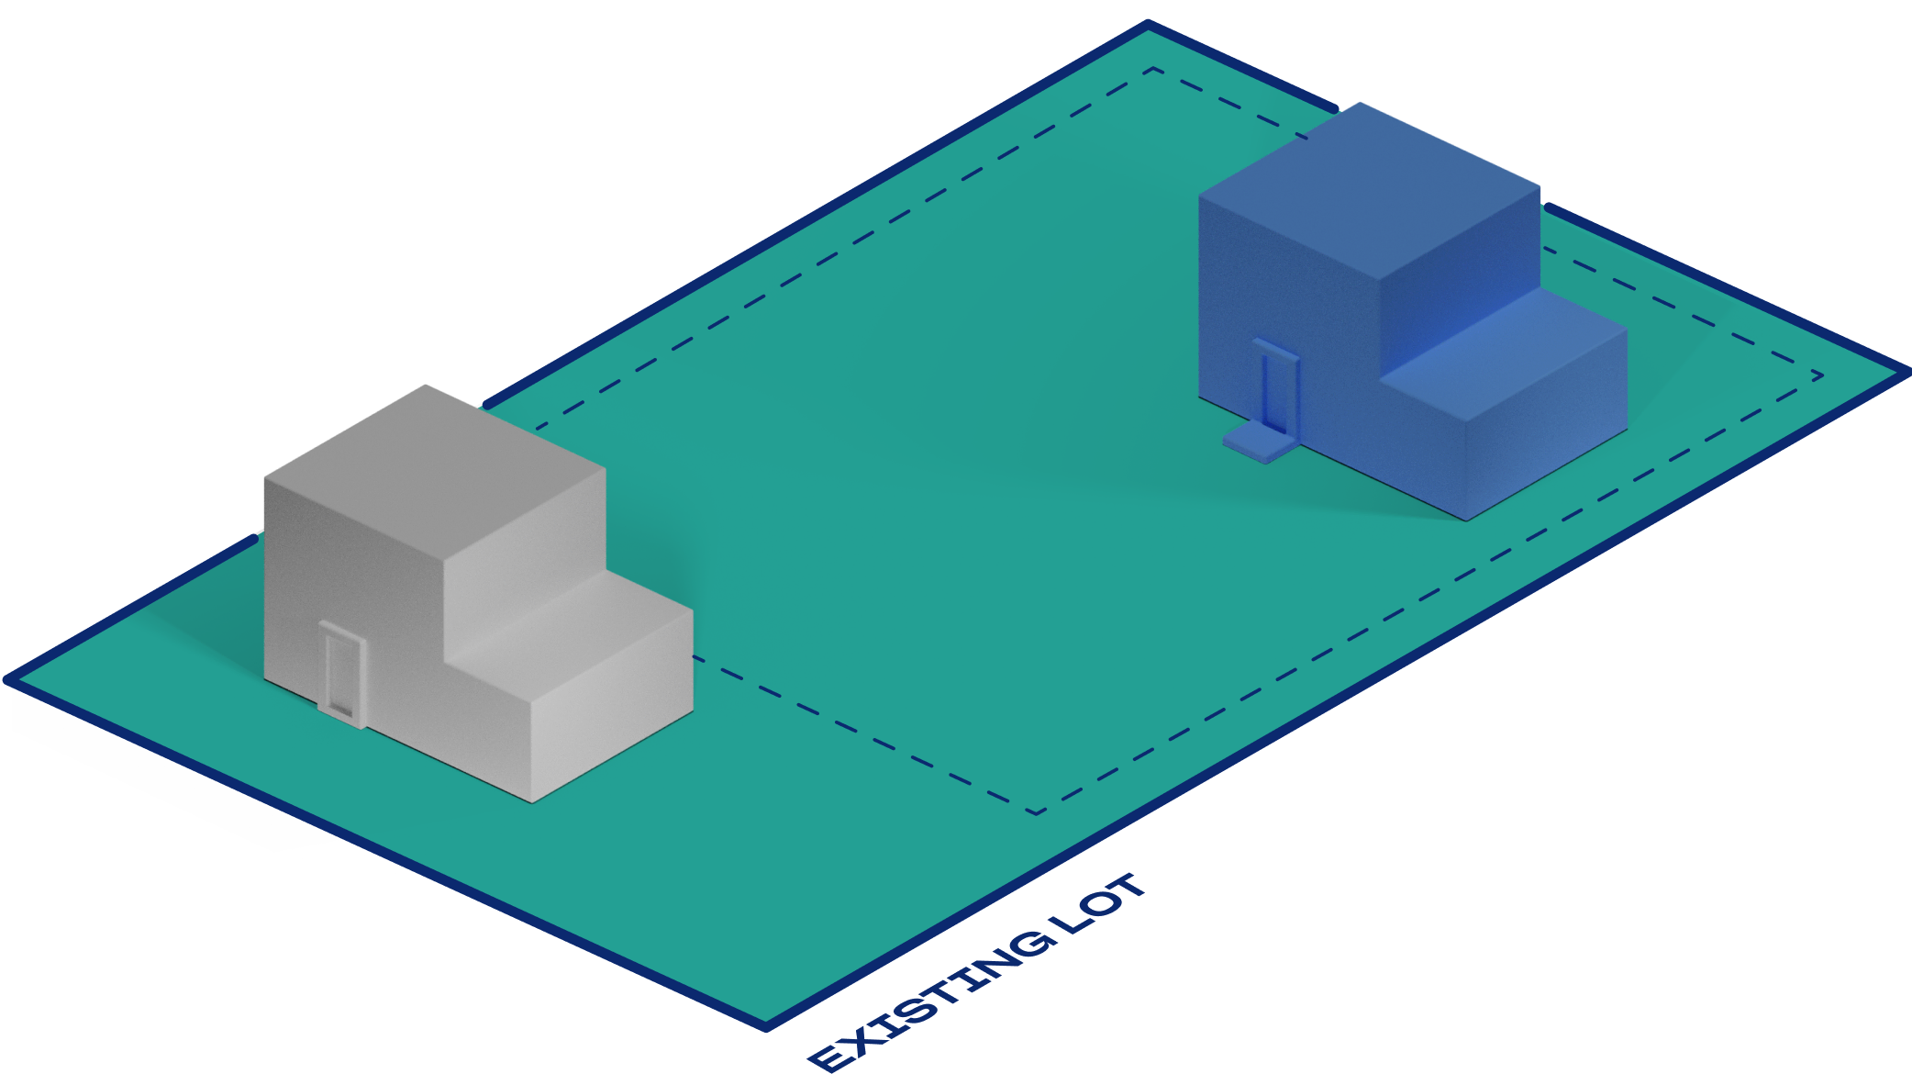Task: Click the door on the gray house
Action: [x=342, y=674]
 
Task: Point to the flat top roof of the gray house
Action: [x=435, y=475]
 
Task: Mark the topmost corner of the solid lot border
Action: [x=1148, y=24]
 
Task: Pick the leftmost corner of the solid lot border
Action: [x=7, y=680]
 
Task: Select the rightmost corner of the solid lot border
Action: [x=1906, y=372]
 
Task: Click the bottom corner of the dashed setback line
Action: [x=1036, y=813]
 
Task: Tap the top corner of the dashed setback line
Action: [x=1153, y=68]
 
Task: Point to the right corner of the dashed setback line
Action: [x=1822, y=375]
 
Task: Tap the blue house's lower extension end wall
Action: [x=1547, y=425]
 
